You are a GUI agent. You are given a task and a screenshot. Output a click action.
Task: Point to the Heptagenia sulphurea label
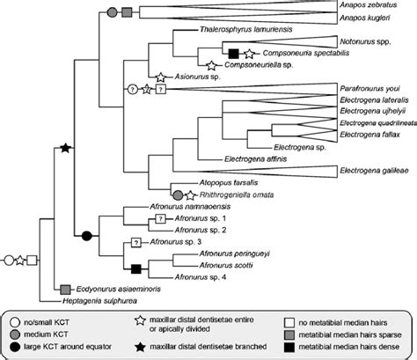click(x=103, y=300)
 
